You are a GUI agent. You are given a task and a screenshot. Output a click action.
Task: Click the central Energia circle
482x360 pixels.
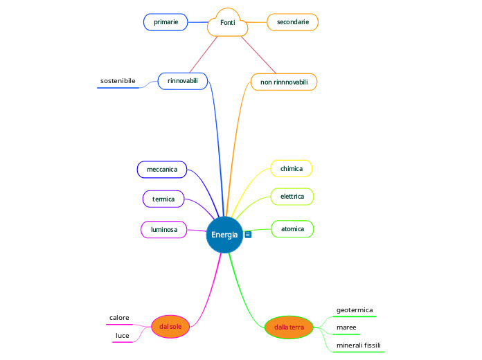[224, 235]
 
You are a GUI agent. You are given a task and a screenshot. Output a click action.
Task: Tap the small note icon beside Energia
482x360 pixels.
[248, 235]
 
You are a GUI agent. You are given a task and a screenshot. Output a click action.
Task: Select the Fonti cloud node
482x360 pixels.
[228, 23]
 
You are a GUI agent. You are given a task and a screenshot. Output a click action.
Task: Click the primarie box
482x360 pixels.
[166, 22]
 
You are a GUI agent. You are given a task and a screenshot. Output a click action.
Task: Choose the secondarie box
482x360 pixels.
[292, 22]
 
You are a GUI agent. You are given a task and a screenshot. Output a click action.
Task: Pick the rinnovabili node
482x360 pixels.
[183, 81]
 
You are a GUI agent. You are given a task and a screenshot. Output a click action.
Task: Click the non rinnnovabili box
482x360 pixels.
[284, 82]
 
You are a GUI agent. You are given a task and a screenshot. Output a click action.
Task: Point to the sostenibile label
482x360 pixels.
[118, 81]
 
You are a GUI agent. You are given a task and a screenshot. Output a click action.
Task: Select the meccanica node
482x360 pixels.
[162, 169]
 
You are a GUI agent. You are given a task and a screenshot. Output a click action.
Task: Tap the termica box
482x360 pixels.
[163, 199]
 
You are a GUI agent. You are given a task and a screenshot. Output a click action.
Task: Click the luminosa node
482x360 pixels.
[163, 229]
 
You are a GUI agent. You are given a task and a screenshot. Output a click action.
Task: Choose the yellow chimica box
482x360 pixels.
[291, 168]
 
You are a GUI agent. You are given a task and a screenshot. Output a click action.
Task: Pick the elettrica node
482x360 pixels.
[292, 197]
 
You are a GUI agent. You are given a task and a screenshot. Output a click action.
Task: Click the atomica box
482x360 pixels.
[292, 228]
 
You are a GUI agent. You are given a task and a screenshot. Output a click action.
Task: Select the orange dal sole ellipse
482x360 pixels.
[170, 326]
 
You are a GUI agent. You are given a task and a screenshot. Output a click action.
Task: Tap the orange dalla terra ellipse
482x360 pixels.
[289, 327]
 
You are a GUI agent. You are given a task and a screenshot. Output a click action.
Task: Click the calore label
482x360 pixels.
[119, 318]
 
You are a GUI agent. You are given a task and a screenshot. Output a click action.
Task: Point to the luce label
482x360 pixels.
[123, 336]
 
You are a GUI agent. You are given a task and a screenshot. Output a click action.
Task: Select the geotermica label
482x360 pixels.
[355, 310]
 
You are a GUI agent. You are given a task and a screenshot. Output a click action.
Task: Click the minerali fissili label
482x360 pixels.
[358, 345]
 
